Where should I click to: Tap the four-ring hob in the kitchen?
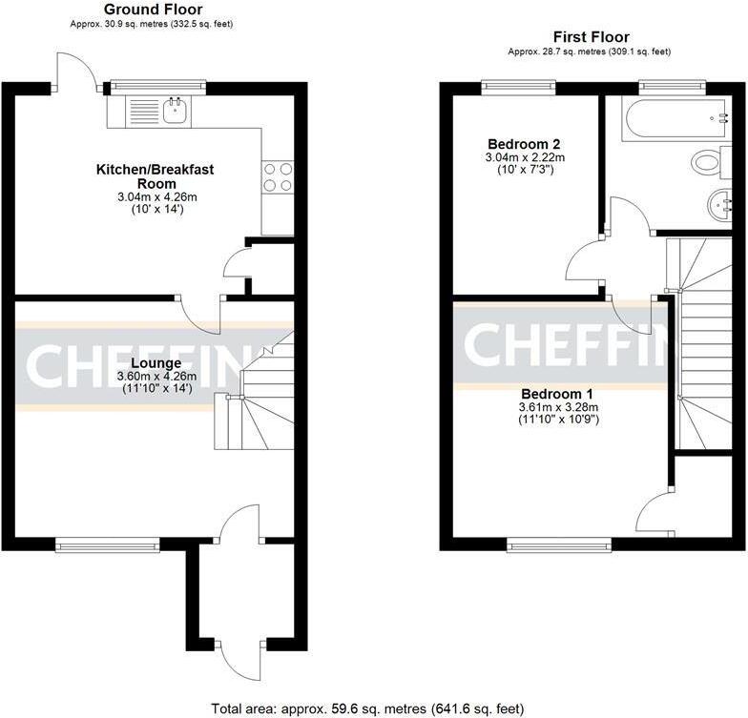click(277, 177)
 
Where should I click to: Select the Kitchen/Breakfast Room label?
click(155, 176)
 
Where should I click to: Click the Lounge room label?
click(156, 363)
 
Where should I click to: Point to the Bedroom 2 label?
click(522, 144)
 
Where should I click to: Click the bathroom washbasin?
click(720, 203)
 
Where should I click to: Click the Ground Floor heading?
click(153, 10)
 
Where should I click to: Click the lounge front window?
click(107, 544)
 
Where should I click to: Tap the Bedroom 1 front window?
click(559, 545)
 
